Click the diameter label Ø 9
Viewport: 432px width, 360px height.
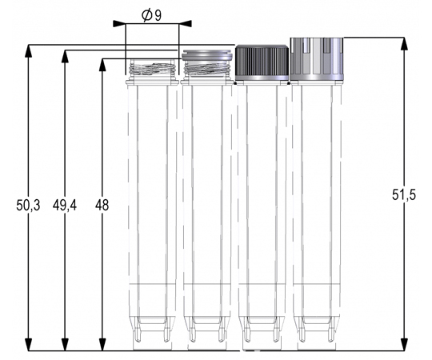tap(151, 16)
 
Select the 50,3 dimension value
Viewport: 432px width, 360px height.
tap(28, 206)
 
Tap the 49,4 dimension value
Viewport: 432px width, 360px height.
tap(65, 206)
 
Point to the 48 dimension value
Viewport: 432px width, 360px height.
tap(102, 206)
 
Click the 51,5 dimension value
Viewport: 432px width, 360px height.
tap(404, 195)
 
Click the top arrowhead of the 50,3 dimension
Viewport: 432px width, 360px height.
tap(28, 50)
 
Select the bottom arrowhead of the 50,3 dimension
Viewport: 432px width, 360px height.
tap(28, 345)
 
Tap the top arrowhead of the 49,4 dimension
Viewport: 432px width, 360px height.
tap(65, 57)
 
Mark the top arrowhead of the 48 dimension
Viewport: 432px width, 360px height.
tap(102, 65)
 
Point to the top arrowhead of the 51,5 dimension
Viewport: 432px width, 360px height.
tap(404, 43)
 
